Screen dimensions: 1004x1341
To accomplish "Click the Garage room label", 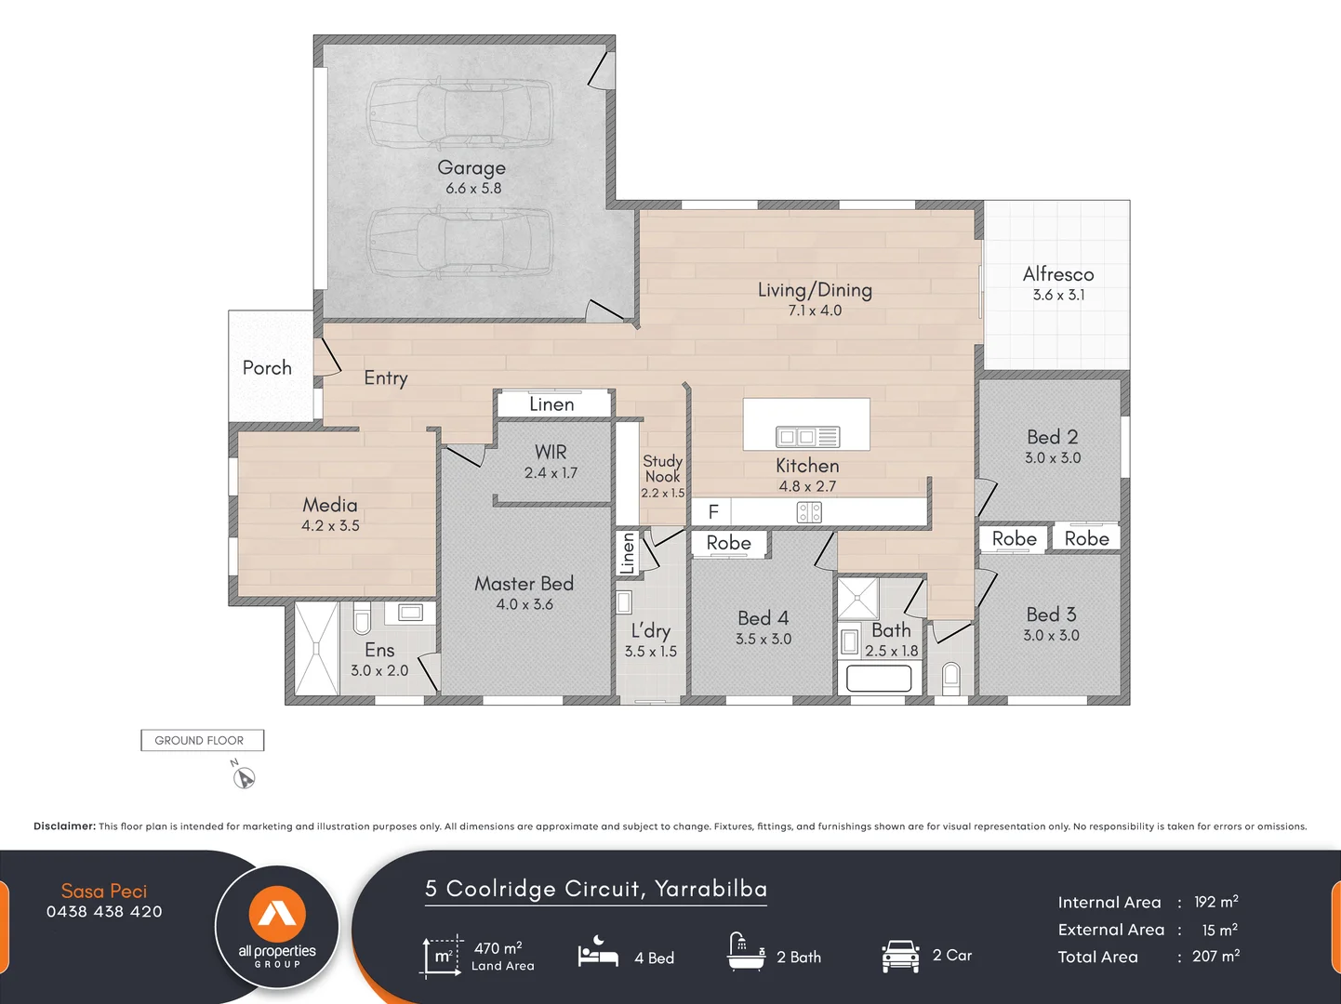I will pos(471,168).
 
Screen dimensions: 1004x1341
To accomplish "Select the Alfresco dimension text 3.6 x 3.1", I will pos(1058,295).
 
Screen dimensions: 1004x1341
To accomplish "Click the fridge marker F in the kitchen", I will pos(713,511).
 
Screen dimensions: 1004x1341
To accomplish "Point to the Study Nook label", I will pos(662,469).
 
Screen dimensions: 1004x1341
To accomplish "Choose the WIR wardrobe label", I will pos(551,452).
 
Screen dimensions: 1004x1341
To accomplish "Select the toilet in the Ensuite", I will pos(363,618).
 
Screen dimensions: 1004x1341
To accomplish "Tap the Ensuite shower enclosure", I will pos(316,648).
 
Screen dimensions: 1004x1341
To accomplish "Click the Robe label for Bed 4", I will pos(728,543).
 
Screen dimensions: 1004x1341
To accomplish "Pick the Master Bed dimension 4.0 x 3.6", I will pos(524,604).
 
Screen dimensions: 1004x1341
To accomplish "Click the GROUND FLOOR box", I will pos(202,740).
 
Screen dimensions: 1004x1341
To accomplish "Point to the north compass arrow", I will pos(244,777).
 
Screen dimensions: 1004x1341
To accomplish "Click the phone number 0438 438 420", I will pos(104,912).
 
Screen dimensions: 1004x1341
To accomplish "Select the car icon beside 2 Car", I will pos(899,956).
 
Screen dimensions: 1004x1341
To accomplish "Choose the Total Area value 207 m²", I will pos(1215,957).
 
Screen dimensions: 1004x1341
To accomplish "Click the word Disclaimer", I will pos(64,826).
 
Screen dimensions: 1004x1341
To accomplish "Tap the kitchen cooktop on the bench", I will pos(809,512).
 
